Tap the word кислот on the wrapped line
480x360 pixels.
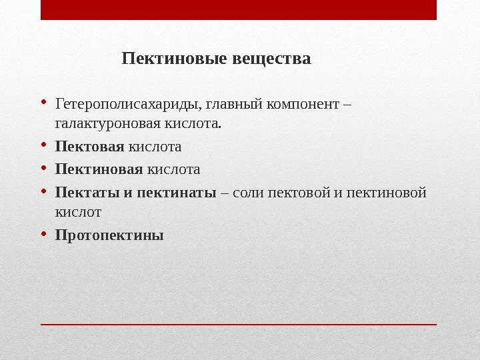click(78, 212)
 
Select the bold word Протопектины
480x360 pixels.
click(109, 235)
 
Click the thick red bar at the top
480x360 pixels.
click(239, 10)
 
